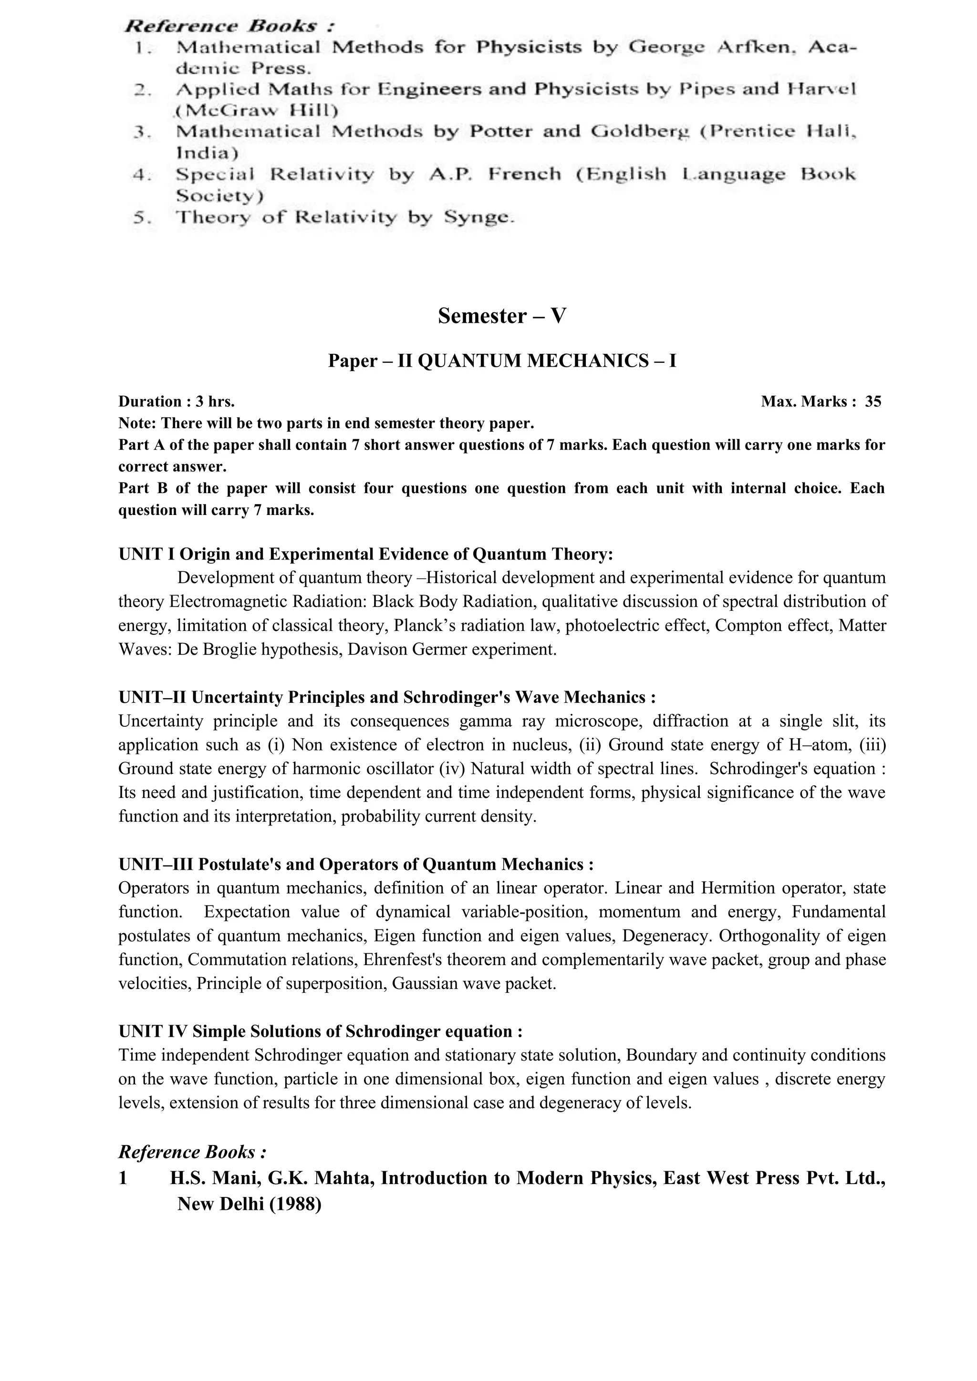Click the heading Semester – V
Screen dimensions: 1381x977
(x=502, y=316)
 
